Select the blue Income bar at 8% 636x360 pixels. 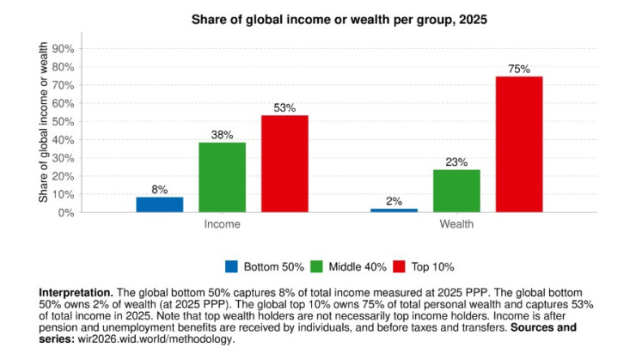point(159,204)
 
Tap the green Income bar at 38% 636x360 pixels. point(222,177)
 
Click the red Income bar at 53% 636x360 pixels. point(284,163)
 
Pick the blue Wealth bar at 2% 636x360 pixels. point(394,210)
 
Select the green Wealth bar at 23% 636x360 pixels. point(456,191)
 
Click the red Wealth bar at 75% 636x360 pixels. point(519,143)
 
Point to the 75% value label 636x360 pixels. point(519,69)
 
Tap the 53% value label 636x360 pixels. point(284,108)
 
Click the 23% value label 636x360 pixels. point(456,162)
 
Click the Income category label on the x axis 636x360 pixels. point(222,224)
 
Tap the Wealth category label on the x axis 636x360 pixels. point(456,224)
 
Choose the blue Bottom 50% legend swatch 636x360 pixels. point(230,266)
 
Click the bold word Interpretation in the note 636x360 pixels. point(75,293)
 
